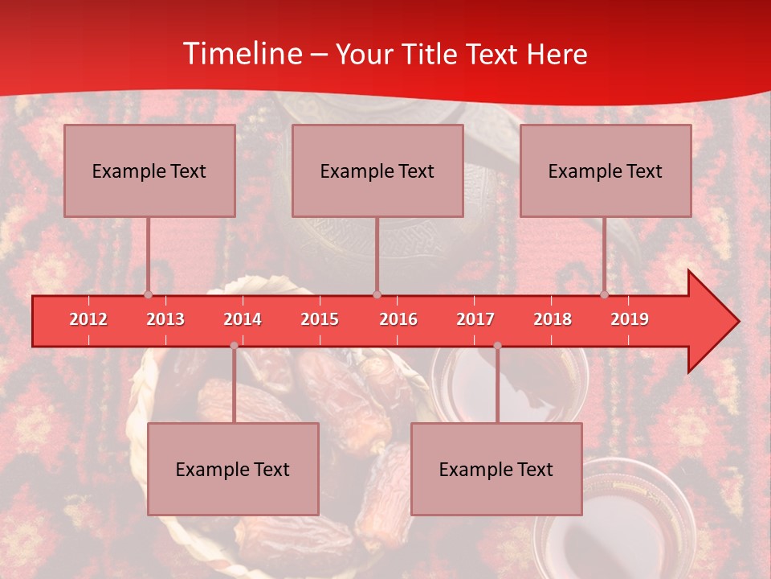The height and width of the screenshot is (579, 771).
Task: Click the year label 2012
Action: [x=88, y=319]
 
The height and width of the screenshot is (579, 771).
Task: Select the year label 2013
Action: [x=165, y=319]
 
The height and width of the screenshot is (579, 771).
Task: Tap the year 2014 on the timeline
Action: [x=243, y=319]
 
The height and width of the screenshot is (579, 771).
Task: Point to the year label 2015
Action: [x=320, y=319]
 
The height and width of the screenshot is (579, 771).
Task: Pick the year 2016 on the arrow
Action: [x=398, y=319]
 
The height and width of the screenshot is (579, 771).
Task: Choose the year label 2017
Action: [x=475, y=319]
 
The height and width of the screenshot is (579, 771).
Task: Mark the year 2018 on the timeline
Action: [x=553, y=319]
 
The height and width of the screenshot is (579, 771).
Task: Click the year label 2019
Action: [x=630, y=319]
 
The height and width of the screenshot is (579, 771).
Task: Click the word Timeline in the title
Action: [x=241, y=54]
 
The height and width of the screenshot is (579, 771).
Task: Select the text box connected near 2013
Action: [x=149, y=170]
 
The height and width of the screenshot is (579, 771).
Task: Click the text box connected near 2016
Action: [x=377, y=170]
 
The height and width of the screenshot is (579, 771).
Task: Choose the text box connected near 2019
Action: [x=606, y=170]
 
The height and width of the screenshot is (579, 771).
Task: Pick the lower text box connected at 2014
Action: [x=233, y=469]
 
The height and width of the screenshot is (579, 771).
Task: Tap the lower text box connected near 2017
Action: [x=496, y=469]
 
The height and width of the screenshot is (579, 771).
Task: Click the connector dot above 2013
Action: [x=148, y=294]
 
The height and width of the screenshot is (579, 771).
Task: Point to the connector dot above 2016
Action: [x=377, y=294]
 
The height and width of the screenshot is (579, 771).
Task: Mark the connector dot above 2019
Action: [x=604, y=294]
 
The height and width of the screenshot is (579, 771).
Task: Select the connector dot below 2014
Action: [x=234, y=346]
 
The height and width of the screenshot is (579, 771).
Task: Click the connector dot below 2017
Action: [x=497, y=346]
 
